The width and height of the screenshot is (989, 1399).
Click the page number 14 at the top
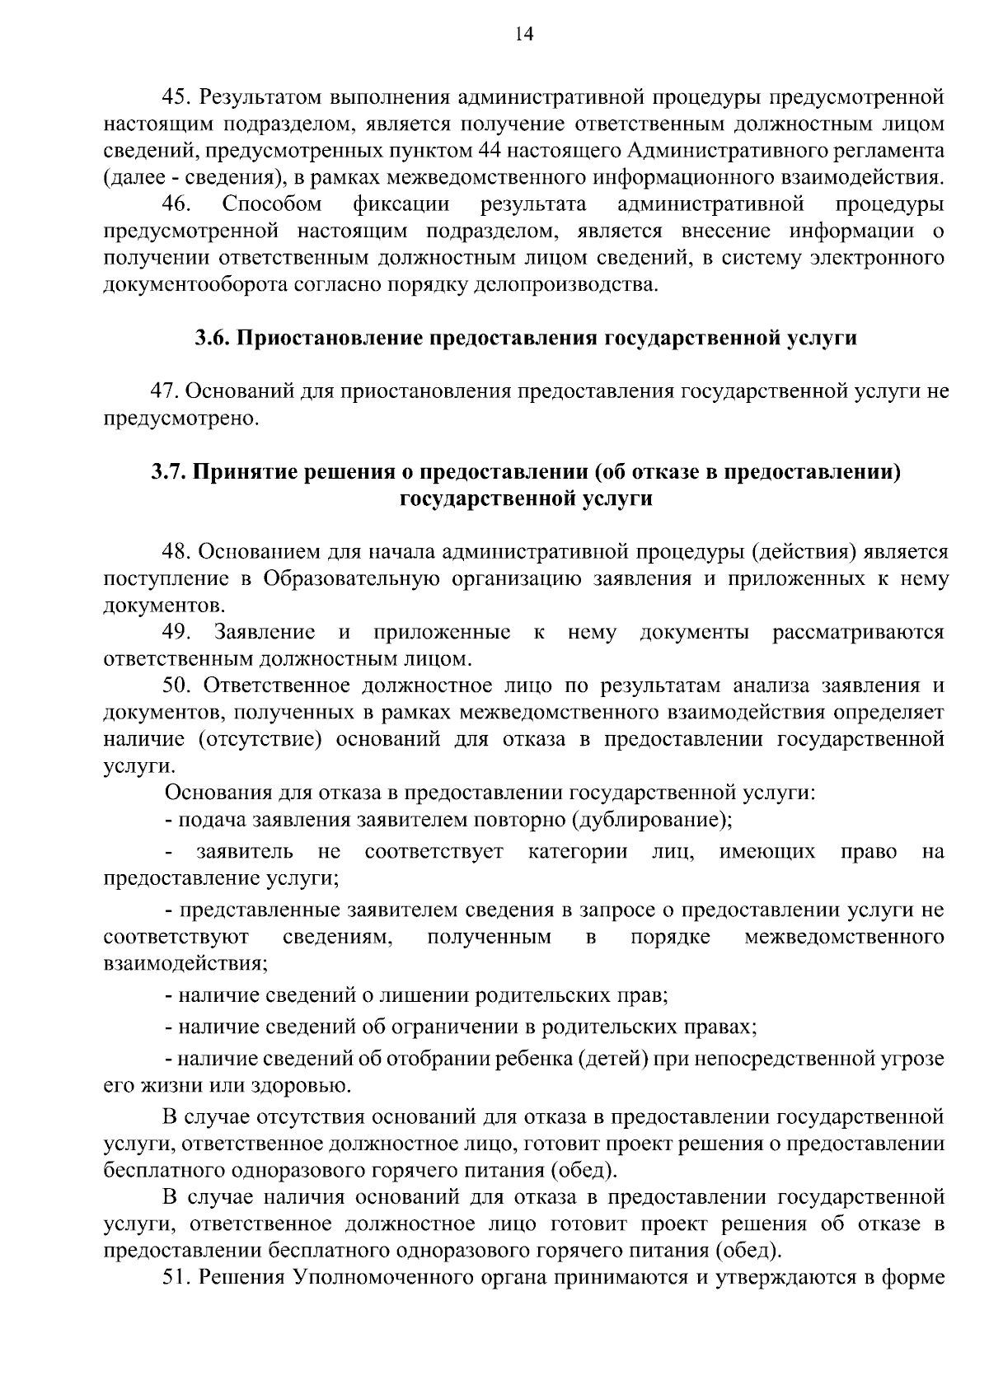point(525,34)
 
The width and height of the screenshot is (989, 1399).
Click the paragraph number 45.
point(177,97)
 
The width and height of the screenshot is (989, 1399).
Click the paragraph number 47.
point(163,391)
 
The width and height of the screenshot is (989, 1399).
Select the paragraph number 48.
point(177,552)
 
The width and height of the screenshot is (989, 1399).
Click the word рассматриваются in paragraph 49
point(858,633)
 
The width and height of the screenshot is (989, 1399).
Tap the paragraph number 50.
point(177,685)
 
